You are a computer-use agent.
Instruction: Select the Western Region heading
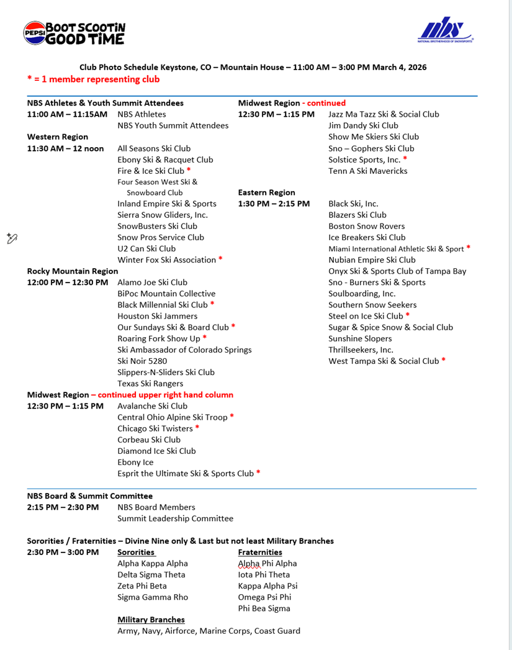click(58, 137)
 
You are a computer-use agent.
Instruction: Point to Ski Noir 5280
click(142, 361)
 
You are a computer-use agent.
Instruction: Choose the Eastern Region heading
click(266, 192)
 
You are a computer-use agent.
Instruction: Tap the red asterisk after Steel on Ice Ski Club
click(408, 315)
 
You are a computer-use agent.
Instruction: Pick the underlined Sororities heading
click(136, 552)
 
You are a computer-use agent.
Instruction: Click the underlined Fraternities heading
click(260, 552)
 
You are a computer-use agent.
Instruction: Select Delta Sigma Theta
click(151, 575)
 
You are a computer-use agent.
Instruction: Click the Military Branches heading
click(151, 620)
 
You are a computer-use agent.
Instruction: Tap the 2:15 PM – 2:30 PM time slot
click(63, 507)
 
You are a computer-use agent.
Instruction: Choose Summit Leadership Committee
click(176, 518)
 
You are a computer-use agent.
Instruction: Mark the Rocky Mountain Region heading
click(73, 271)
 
